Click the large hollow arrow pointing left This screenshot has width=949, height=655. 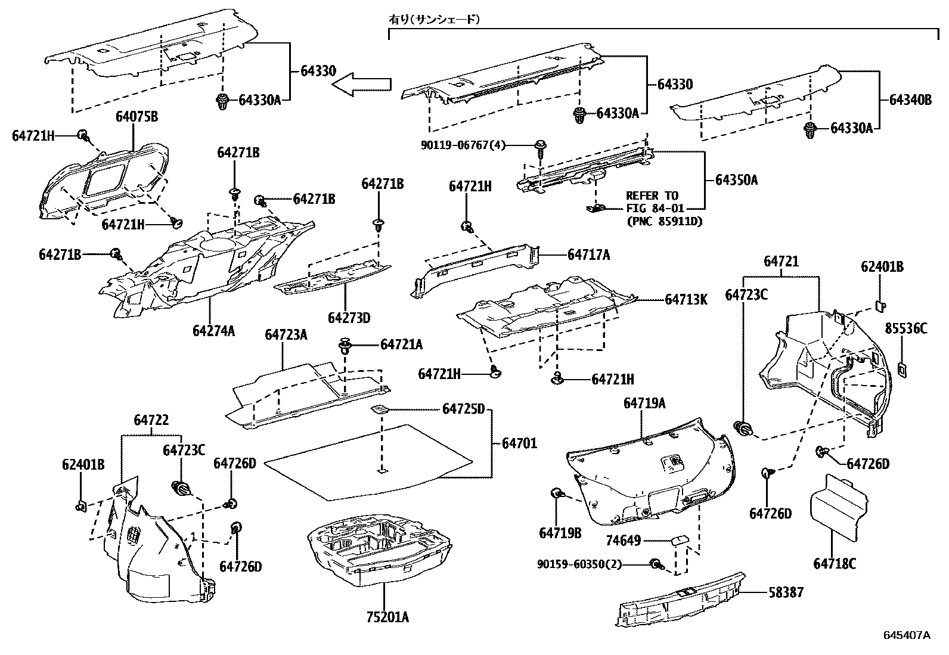361,85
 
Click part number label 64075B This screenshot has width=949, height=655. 137,117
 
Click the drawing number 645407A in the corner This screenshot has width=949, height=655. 906,635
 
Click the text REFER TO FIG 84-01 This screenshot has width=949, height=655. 652,202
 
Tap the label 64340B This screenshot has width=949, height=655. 910,100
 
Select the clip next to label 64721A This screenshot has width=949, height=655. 345,346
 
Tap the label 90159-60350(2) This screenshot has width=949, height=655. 579,564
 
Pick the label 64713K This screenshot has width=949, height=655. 686,299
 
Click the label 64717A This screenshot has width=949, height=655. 589,254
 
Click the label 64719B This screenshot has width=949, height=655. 560,533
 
